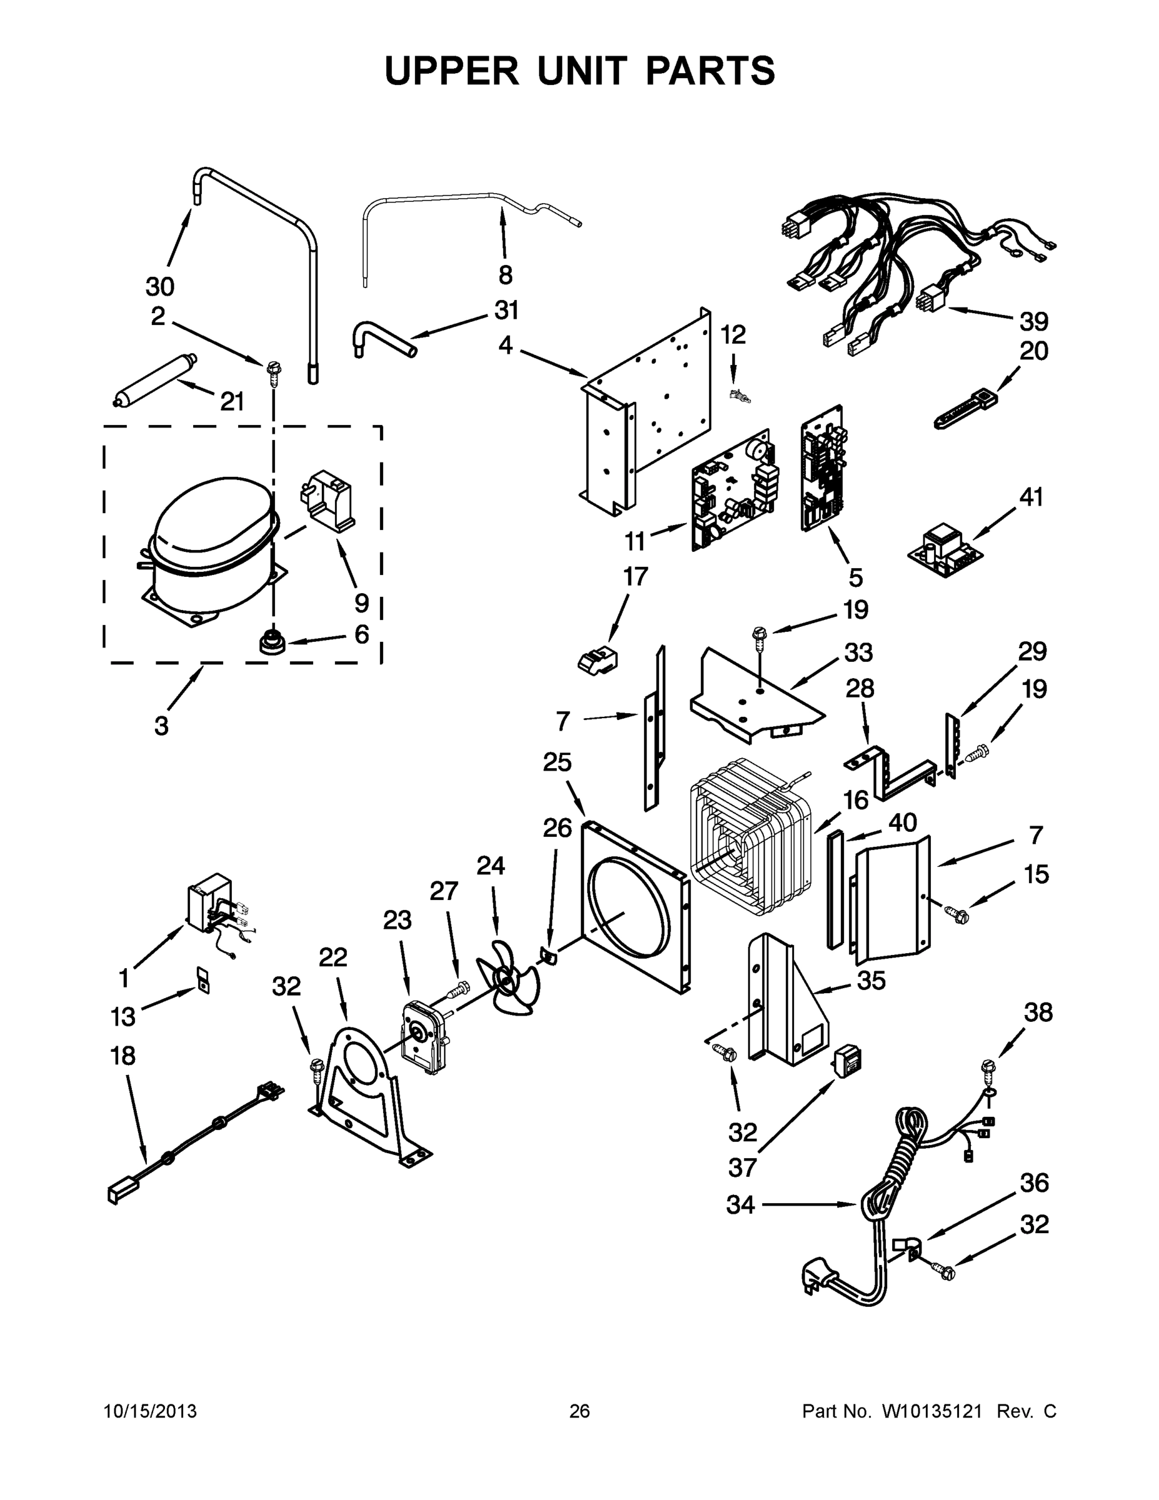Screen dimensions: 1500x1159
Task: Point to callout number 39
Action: click(1033, 321)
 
